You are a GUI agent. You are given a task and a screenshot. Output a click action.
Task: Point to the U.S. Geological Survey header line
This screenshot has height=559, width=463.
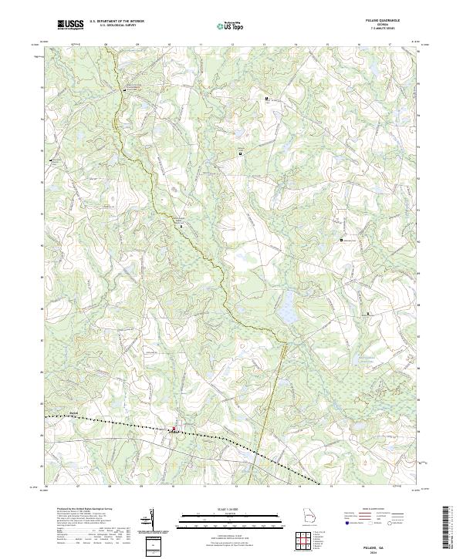coord(112,27)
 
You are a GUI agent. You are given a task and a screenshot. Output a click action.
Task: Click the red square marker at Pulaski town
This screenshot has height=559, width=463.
coord(174,429)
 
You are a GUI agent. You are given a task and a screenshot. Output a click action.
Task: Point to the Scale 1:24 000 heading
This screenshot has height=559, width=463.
coord(231,510)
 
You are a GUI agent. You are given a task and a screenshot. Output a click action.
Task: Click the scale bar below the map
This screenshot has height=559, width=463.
coord(231,519)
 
